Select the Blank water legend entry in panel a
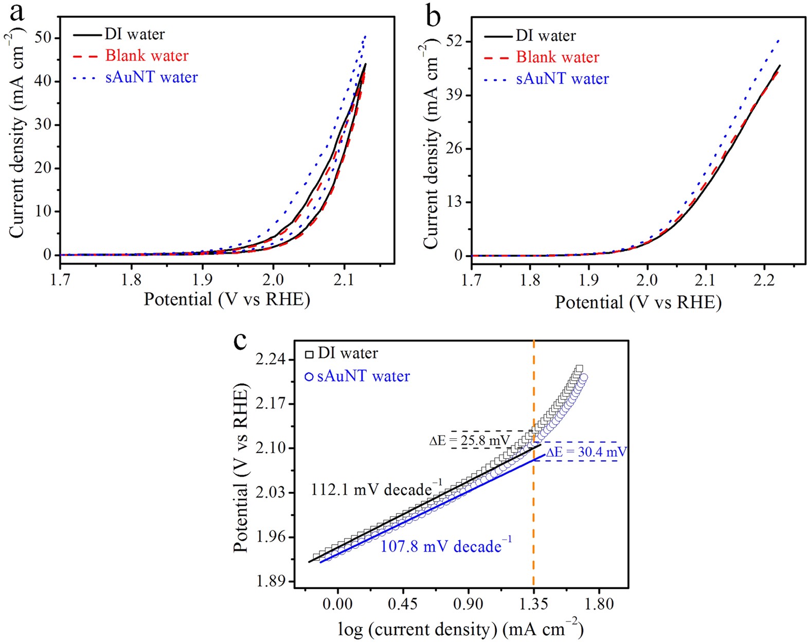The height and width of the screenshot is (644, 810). click(147, 56)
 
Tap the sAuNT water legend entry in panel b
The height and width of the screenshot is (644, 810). click(562, 79)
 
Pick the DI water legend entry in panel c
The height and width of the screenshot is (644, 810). click(348, 353)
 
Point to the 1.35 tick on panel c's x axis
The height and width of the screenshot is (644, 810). click(533, 603)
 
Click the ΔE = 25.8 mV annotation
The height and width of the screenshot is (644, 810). click(469, 441)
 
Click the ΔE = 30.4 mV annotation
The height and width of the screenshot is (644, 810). click(586, 452)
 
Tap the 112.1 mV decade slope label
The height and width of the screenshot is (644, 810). click(376, 489)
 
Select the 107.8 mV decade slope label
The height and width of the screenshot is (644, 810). click(446, 546)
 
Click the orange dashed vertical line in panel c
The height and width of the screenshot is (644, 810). click(533, 514)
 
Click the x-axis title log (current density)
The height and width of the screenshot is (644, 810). click(460, 629)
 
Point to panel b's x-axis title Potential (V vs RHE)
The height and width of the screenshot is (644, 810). click(638, 302)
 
